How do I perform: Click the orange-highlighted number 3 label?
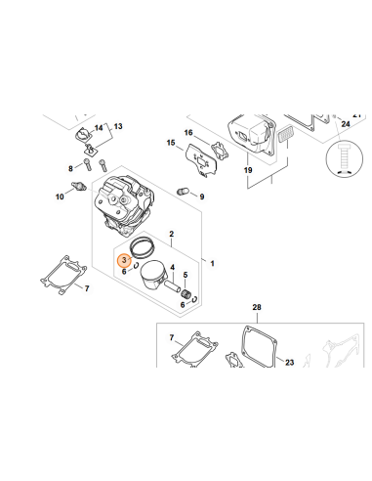point(123,259)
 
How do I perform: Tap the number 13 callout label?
point(119,127)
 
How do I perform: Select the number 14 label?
point(99,127)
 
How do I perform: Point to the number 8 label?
point(71,168)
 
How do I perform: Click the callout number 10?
point(60,197)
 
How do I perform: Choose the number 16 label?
point(188,133)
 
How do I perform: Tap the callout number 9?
point(202,197)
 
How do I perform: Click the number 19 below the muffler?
point(247,171)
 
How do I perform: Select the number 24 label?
point(345,124)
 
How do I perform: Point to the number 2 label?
point(171,235)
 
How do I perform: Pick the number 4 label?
point(173,267)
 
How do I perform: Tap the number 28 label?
point(257,308)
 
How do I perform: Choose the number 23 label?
point(289,363)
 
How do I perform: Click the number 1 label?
point(214,264)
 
